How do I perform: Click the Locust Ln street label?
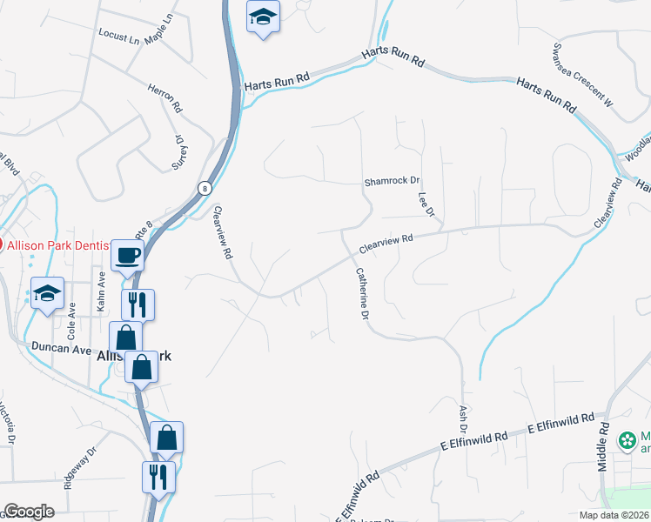(x=119, y=38)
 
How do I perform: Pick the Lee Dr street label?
(x=426, y=205)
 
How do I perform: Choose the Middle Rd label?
(x=603, y=447)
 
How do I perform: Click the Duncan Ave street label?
(x=61, y=347)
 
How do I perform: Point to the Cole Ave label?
(x=73, y=319)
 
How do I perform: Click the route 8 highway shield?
(x=204, y=187)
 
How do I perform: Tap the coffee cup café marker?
(x=129, y=255)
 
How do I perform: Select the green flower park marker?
(x=627, y=441)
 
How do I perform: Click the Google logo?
(x=29, y=512)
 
